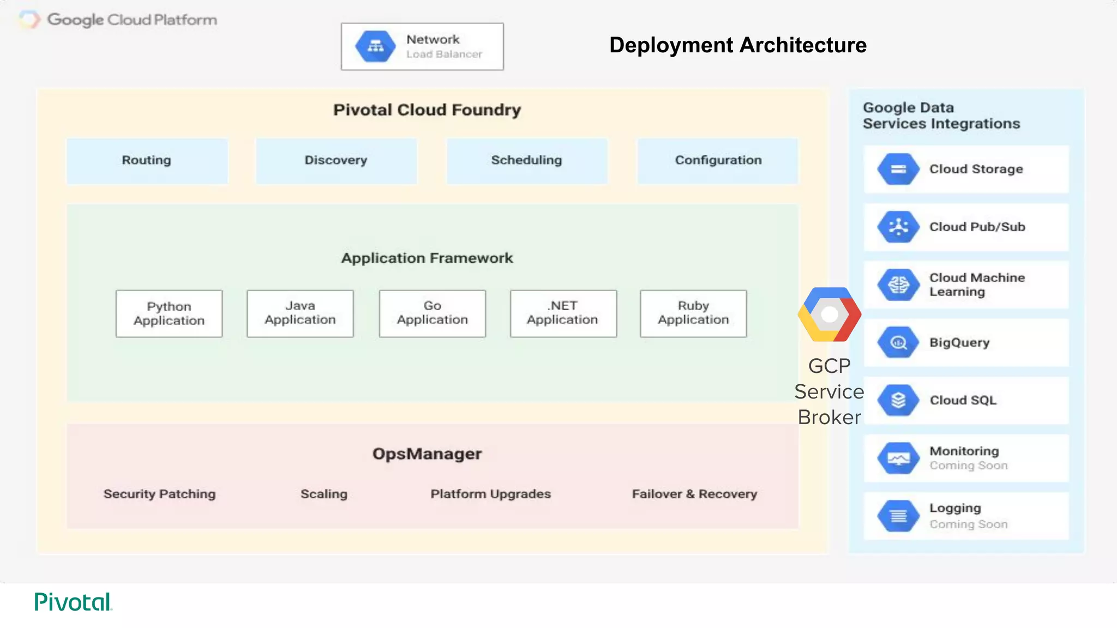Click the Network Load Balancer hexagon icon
[375, 46]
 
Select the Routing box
[147, 160]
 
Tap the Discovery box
[336, 160]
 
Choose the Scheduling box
[526, 160]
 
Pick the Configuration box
[718, 160]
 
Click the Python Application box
[169, 313]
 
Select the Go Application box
[432, 313]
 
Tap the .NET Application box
[563, 313]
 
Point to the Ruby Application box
[693, 313]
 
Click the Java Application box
[300, 313]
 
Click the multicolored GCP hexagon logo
[829, 315]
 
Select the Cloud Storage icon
[898, 169]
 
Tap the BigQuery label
[959, 343]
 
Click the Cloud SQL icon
[898, 400]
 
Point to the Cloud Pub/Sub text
[977, 227]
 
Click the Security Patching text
[159, 494]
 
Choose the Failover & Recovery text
[694, 494]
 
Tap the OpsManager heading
[427, 454]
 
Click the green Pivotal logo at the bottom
[73, 602]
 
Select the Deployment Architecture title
[737, 45]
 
